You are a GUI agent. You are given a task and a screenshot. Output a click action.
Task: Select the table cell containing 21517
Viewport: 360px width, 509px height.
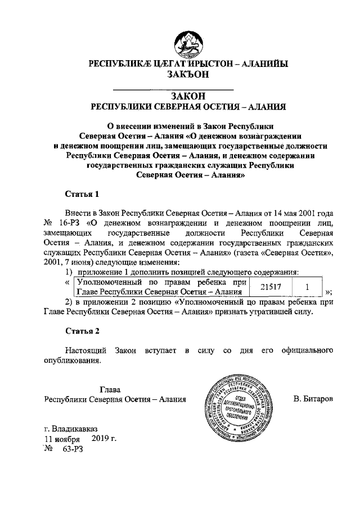273,287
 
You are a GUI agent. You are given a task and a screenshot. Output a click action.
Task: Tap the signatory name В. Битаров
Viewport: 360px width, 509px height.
314,399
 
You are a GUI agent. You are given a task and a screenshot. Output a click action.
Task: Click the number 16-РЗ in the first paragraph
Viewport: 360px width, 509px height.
69,223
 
